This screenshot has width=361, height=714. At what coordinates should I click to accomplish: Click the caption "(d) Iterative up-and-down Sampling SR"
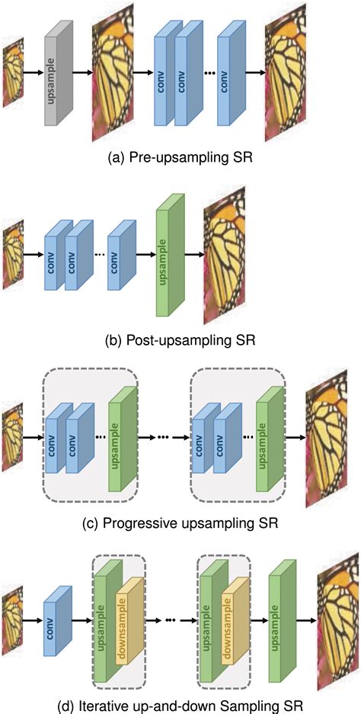click(x=180, y=700)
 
